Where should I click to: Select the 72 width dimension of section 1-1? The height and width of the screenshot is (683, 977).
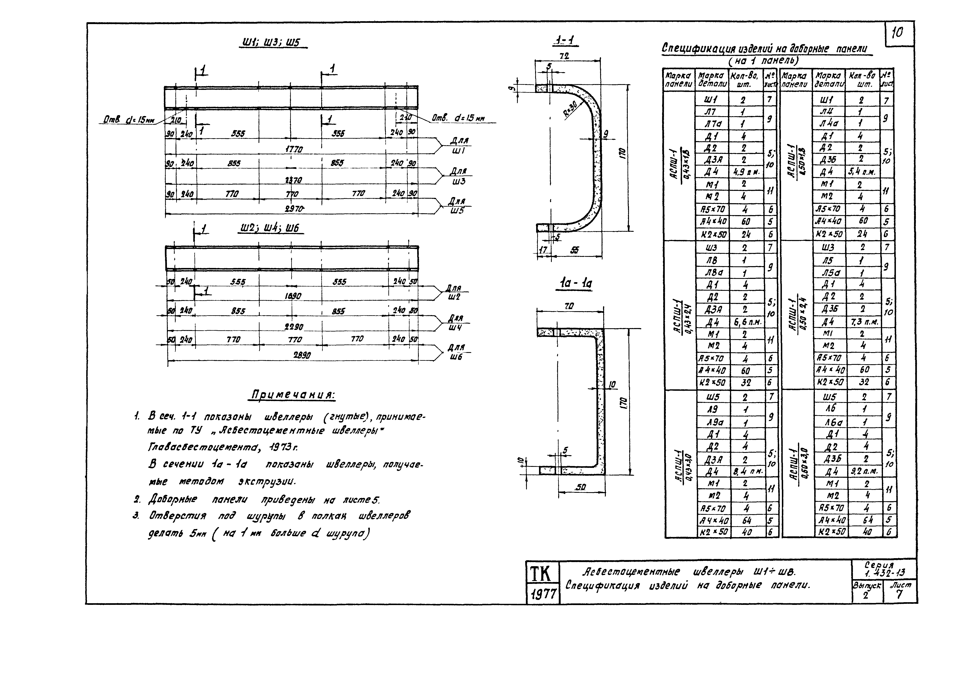coord(565,56)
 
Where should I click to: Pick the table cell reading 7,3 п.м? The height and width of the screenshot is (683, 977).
coord(864,322)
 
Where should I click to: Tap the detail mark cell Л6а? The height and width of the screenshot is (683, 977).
coord(829,422)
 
